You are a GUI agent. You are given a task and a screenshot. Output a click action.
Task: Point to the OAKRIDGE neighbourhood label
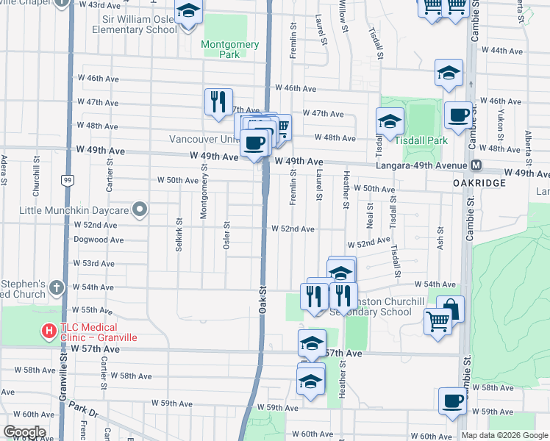(479, 182)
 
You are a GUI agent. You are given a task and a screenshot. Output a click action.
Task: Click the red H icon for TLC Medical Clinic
(49, 331)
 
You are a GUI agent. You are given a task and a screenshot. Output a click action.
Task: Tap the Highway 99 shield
(67, 179)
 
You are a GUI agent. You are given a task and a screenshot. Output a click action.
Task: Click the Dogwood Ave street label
(99, 240)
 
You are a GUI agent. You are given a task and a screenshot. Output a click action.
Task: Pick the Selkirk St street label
(179, 234)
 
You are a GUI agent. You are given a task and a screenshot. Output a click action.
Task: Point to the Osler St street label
(227, 235)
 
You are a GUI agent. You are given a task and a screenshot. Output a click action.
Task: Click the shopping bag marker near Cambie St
(450, 309)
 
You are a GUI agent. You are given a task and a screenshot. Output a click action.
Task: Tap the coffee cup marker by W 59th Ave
(452, 401)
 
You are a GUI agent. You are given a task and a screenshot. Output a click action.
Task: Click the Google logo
(24, 432)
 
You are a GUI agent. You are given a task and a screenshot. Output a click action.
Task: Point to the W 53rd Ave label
(93, 263)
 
